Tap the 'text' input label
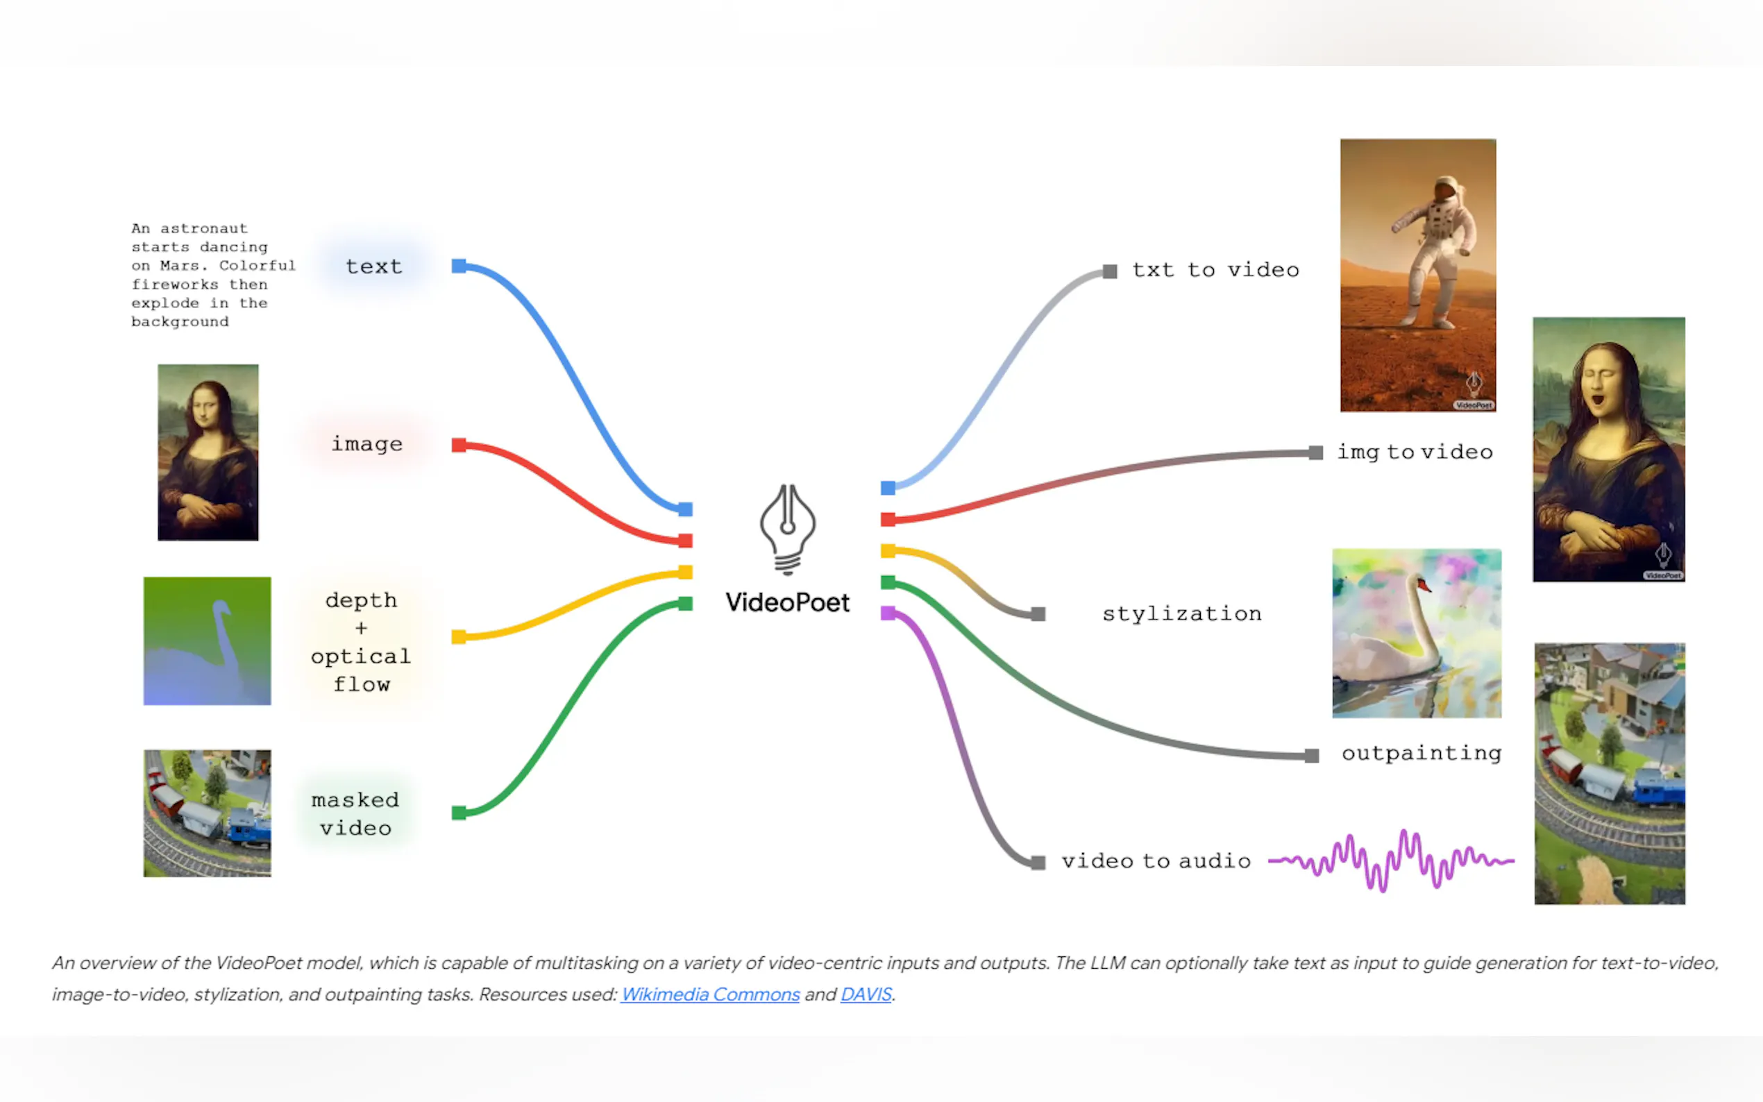click(x=374, y=266)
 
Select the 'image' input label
click(x=366, y=444)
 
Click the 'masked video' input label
click(x=355, y=814)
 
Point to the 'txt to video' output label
click(x=1215, y=271)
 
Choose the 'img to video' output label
click(x=1415, y=452)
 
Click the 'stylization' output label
click(x=1181, y=613)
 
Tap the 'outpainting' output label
click(x=1422, y=754)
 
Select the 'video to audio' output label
click(x=1156, y=861)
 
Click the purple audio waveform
click(x=1390, y=861)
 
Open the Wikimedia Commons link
click(x=710, y=994)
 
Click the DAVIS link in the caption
click(x=866, y=994)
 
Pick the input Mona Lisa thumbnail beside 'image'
click(x=208, y=452)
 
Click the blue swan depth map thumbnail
click(x=207, y=641)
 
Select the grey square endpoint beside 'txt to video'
click(x=1110, y=272)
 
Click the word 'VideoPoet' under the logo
click(x=787, y=603)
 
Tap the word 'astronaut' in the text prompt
click(x=203, y=229)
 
